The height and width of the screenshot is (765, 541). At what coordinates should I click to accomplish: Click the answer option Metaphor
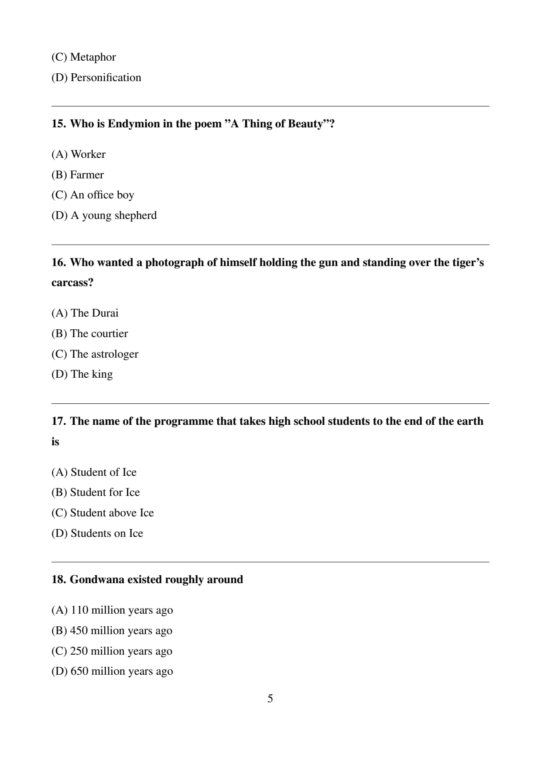point(83,57)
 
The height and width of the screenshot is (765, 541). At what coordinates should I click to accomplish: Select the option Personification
point(96,78)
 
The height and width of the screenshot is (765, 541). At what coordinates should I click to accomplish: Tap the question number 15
point(58,124)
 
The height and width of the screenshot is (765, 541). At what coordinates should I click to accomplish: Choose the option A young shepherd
point(104,215)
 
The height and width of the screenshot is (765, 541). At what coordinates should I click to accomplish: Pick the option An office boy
point(92,195)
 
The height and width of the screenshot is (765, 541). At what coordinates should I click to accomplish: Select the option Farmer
point(78,175)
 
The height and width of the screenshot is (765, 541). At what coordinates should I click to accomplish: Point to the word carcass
point(72,283)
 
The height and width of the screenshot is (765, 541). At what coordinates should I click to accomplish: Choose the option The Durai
point(85,313)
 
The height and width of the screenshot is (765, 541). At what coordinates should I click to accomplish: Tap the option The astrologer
point(95,354)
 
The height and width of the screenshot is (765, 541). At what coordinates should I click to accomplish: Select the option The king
point(82,374)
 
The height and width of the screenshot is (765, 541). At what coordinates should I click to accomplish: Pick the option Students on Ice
point(97,533)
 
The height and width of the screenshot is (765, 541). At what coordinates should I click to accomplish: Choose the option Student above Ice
point(103,513)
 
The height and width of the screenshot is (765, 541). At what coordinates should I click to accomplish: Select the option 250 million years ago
point(112,651)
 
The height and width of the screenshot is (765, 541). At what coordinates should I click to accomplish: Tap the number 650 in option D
point(79,671)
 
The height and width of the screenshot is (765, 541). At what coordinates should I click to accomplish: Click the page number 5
point(270,699)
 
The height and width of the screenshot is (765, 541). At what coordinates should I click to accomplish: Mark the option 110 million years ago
point(112,610)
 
